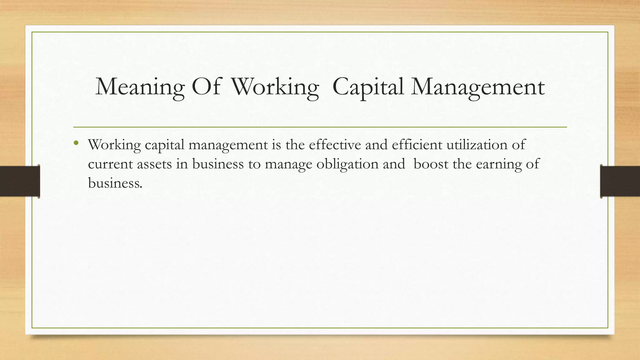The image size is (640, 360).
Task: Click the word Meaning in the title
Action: tap(140, 87)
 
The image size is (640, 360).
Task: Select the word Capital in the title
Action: tap(368, 87)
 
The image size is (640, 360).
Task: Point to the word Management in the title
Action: tap(478, 87)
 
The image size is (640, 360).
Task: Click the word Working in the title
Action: tap(275, 87)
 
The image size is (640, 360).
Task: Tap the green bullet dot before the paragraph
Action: tap(76, 143)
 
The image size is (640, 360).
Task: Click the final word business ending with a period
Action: tap(115, 183)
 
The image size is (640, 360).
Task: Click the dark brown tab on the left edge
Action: tap(20, 181)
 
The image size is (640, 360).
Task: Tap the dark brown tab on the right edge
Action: tap(620, 181)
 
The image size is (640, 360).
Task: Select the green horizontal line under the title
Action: tap(320, 127)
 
